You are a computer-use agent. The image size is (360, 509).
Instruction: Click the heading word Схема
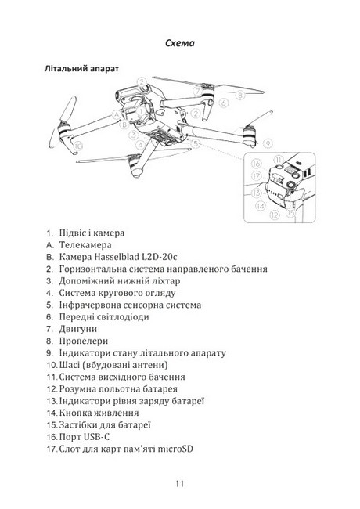(x=180, y=43)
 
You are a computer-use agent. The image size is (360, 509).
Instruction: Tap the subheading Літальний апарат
(x=81, y=69)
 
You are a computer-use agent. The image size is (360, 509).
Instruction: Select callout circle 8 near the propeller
(x=240, y=95)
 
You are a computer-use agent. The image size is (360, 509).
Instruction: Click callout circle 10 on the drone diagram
(x=77, y=146)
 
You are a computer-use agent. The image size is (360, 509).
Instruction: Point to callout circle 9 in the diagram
(x=268, y=143)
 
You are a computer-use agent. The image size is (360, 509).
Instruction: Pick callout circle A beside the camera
(x=116, y=114)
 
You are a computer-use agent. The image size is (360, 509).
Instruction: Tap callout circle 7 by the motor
(x=197, y=91)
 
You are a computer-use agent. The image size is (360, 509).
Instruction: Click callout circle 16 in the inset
(x=256, y=164)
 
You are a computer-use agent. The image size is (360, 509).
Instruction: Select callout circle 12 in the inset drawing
(x=275, y=215)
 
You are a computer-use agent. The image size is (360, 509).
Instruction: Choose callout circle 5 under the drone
(x=195, y=143)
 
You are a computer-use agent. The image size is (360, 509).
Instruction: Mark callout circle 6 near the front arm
(x=224, y=103)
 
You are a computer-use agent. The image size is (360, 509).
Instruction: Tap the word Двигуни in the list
(x=77, y=329)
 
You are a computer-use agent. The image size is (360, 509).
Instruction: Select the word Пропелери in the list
(x=84, y=341)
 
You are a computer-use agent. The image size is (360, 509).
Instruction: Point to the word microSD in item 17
(x=175, y=449)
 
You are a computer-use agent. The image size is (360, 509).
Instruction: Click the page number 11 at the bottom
(x=180, y=483)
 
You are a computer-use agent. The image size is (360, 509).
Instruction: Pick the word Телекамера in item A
(x=85, y=245)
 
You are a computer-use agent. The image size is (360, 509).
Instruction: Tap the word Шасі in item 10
(x=69, y=365)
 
